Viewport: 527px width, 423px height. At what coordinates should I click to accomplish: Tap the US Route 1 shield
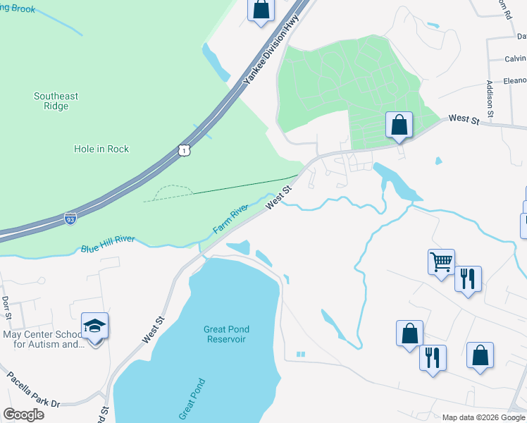(x=183, y=150)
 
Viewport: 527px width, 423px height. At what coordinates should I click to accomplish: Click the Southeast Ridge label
(x=56, y=101)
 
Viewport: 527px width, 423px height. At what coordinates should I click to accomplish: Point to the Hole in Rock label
(x=101, y=149)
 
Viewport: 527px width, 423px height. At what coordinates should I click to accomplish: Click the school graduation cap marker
(x=95, y=326)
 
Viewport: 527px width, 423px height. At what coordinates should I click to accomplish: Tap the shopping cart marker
(x=441, y=262)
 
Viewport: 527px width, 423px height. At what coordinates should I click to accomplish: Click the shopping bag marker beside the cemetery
(x=399, y=125)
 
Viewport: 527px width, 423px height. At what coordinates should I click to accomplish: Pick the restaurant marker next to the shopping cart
(x=468, y=278)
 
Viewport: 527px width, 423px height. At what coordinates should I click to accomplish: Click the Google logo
(x=23, y=415)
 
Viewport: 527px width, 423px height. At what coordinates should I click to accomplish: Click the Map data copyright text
(x=483, y=417)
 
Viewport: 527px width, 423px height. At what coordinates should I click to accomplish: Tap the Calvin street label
(x=515, y=59)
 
